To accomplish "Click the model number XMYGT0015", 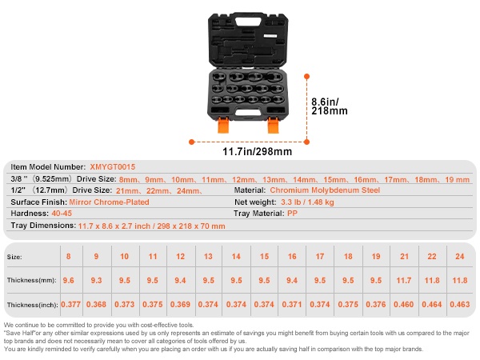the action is tap(112, 167).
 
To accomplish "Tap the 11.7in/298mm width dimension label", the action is tap(257, 151).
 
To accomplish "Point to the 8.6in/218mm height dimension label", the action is tap(330, 106).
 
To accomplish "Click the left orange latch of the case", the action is tap(223, 125).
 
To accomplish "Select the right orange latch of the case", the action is tap(273, 125).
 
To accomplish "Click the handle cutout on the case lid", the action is tap(248, 22).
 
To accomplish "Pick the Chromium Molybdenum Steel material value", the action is tap(325, 190).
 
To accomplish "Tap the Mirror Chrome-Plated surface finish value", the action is tap(109, 202).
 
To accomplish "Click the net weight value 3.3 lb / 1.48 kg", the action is tap(307, 202).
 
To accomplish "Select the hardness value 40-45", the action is tap(62, 214).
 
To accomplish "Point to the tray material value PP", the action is tap(292, 214).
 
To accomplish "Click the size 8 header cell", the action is tap(68, 256).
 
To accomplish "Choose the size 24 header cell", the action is tap(459, 256).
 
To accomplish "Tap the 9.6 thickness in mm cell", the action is tap(68, 281).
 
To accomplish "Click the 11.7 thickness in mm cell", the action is tap(404, 281).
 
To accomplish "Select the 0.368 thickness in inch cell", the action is tap(96, 305).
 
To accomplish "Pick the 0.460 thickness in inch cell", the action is tap(404, 305).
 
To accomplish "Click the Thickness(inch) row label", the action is tap(33, 305).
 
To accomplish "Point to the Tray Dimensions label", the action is tap(43, 226).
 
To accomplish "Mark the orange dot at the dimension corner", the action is tap(306, 142).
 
